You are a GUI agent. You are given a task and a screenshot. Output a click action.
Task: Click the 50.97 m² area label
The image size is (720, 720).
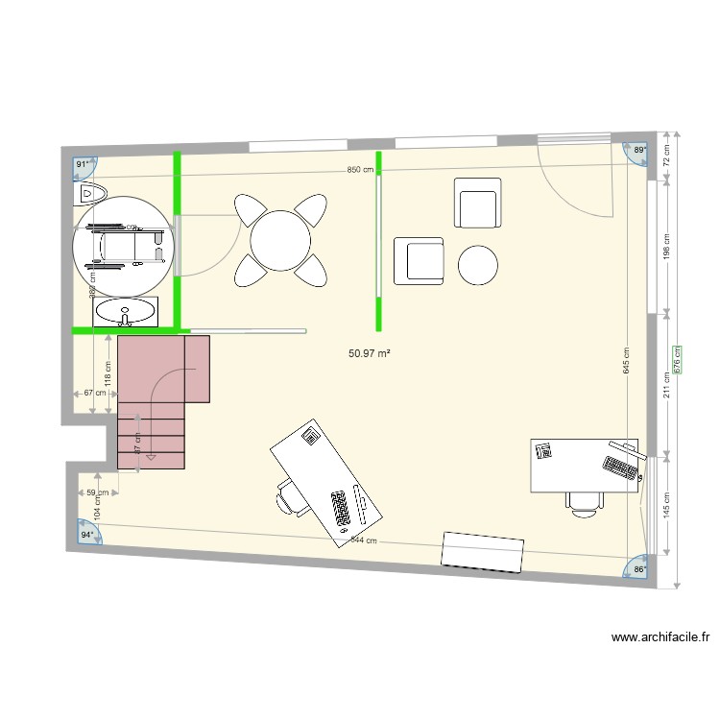[370, 353]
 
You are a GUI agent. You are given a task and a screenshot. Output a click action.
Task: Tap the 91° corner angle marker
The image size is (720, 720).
[84, 165]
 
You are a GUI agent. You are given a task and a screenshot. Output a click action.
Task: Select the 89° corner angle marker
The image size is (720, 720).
[639, 151]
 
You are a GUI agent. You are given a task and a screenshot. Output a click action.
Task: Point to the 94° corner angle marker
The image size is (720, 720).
[87, 534]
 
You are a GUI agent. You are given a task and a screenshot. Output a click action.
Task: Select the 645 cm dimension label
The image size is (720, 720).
[626, 360]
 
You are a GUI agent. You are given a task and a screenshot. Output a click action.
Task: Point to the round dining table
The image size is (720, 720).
[280, 239]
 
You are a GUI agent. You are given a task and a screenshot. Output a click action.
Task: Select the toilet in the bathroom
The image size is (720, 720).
[89, 194]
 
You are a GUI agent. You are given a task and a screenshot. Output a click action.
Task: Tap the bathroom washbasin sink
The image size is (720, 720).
[125, 312]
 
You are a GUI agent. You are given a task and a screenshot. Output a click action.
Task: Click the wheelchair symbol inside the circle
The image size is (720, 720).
[120, 244]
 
